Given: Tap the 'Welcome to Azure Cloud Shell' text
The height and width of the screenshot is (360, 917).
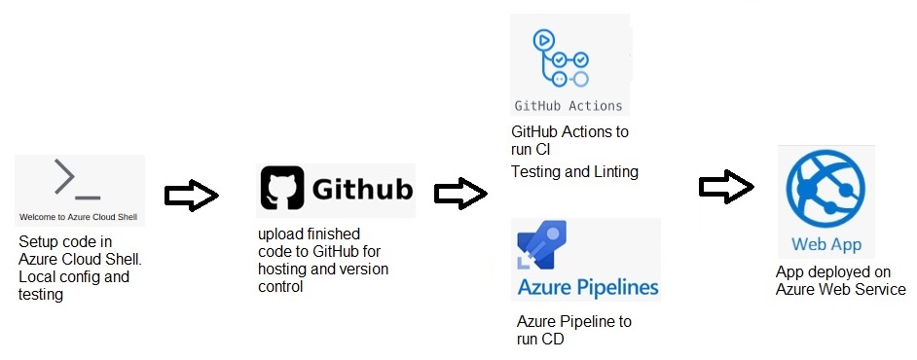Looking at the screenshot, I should [x=79, y=216].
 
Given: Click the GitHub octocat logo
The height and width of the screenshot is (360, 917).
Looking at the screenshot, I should [x=282, y=189].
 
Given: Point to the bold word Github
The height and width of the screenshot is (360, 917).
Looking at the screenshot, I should [x=362, y=190].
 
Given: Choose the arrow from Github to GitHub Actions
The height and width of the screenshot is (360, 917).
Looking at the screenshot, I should [x=460, y=194].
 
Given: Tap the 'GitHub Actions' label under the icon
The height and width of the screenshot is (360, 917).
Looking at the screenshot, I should [x=569, y=105].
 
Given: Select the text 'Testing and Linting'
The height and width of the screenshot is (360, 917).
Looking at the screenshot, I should [x=574, y=172].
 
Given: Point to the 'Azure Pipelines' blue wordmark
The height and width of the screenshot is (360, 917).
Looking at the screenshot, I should [x=588, y=288].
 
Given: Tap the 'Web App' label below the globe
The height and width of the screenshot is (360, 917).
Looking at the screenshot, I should [x=826, y=245].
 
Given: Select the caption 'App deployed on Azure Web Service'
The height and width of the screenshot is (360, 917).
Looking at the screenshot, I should [x=840, y=281].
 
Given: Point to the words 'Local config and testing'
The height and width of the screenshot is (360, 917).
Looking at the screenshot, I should [x=73, y=286].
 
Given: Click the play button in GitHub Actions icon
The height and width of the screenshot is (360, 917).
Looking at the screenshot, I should [x=542, y=40].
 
